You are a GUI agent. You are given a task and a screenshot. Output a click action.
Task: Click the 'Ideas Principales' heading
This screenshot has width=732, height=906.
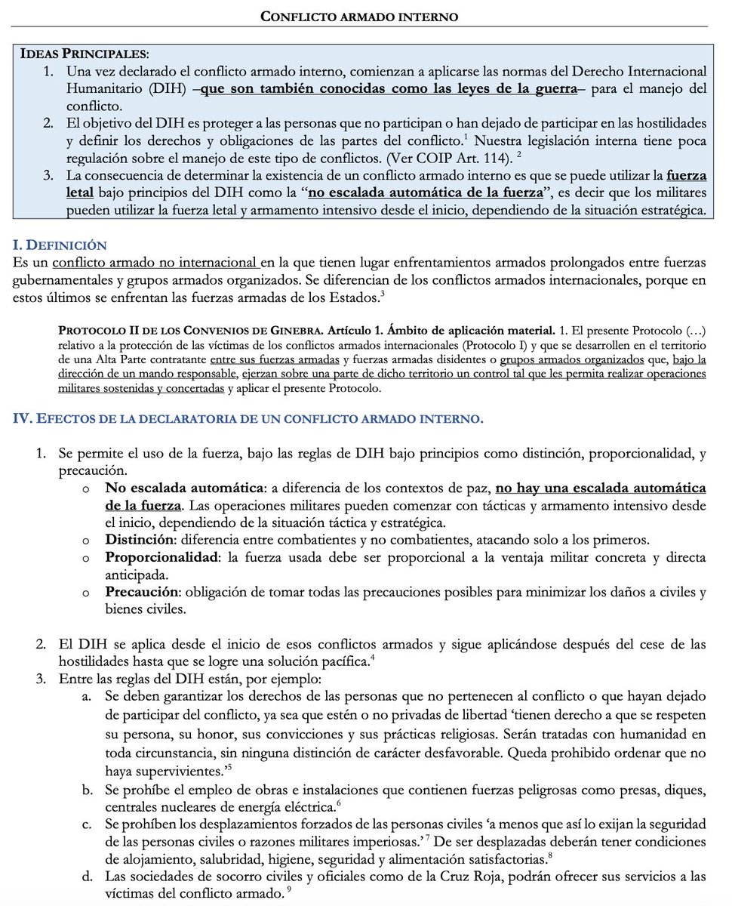pos(84,54)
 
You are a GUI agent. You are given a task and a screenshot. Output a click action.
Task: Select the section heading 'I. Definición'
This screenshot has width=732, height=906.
pos(60,245)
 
